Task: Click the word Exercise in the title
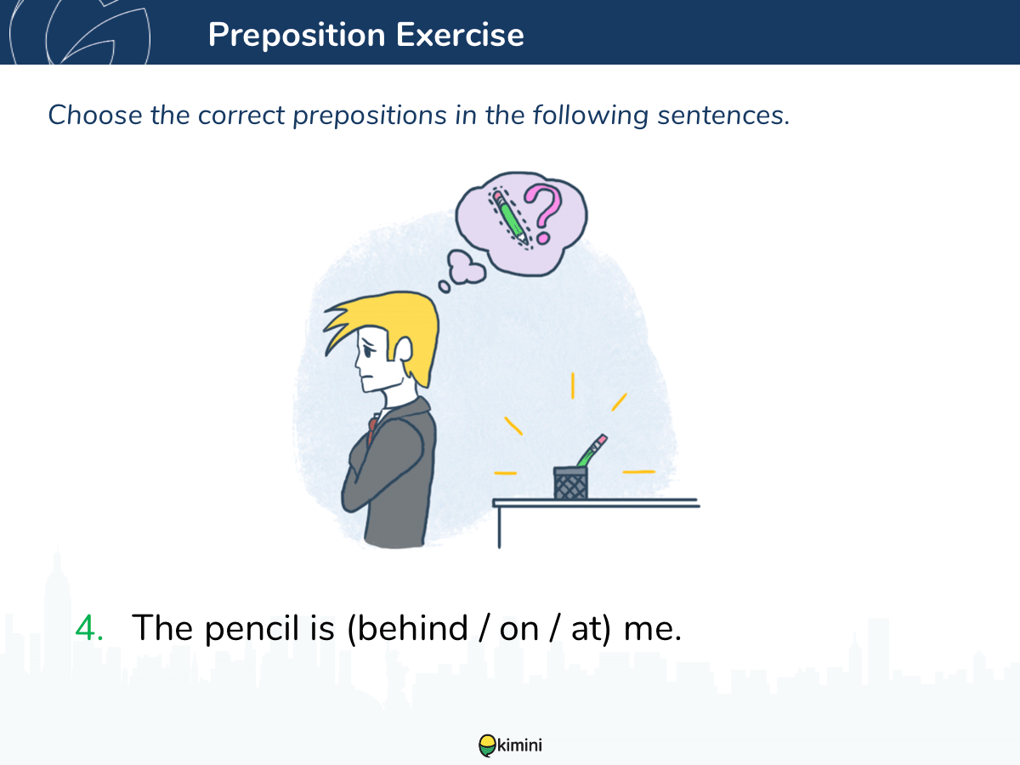click(x=460, y=35)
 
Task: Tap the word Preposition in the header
click(x=297, y=36)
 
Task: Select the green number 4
click(x=88, y=628)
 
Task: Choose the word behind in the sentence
click(x=412, y=627)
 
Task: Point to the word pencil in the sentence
click(x=252, y=629)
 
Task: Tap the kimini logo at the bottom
click(x=510, y=745)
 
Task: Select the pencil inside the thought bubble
click(x=510, y=218)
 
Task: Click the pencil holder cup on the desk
click(x=570, y=483)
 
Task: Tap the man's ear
click(x=403, y=348)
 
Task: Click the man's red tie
click(x=371, y=429)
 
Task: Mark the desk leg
click(x=499, y=528)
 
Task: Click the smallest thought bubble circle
click(x=445, y=286)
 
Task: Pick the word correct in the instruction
click(x=241, y=116)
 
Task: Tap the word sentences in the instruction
click(x=723, y=116)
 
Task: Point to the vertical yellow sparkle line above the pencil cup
click(x=573, y=386)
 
